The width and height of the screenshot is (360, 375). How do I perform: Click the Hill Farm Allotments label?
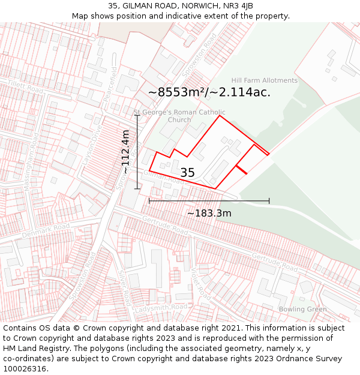click(x=265, y=80)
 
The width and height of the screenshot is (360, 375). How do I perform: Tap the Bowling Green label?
click(x=302, y=310)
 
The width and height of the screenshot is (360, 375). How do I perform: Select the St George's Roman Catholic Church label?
click(x=179, y=116)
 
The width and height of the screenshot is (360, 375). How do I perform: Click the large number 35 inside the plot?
click(x=187, y=173)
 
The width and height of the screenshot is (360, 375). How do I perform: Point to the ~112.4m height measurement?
click(x=125, y=152)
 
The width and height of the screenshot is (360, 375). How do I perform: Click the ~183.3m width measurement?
click(x=209, y=213)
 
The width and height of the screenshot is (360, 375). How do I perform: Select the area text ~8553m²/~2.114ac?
click(x=209, y=92)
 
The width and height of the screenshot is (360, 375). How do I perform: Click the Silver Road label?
click(x=124, y=287)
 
